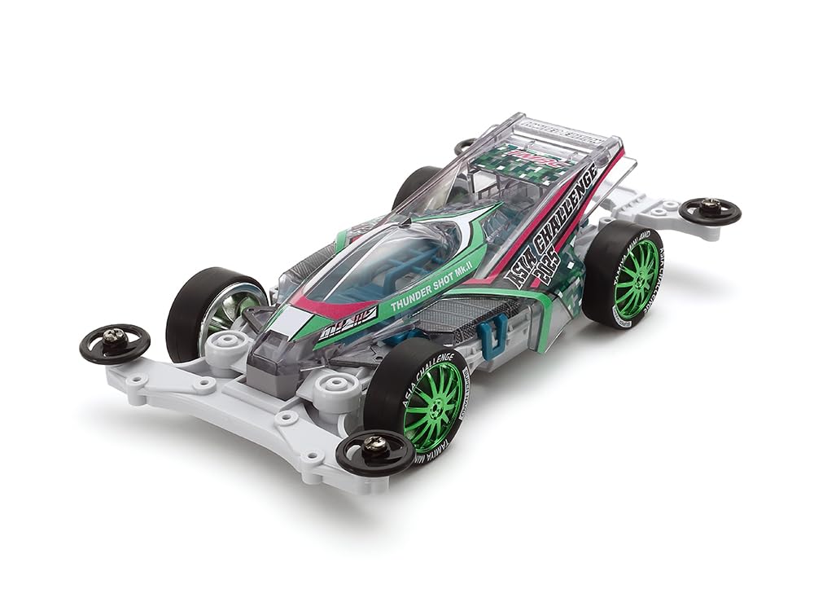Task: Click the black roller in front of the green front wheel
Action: pyautogui.click(x=375, y=451)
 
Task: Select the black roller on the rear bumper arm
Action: pyautogui.click(x=709, y=211)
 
